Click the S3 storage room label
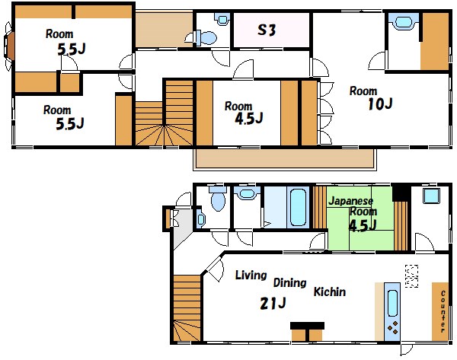point(267,30)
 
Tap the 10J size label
point(380,104)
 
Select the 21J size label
point(273,304)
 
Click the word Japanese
point(350,201)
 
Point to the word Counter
point(443,311)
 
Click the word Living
point(251,275)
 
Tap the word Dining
point(289,283)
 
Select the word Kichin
point(330,292)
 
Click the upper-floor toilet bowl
point(206,38)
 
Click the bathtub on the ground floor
point(298,207)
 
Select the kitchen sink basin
point(392,303)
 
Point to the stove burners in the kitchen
point(392,327)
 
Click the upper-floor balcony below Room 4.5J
point(284,159)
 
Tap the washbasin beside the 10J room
point(403,22)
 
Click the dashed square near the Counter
point(412,276)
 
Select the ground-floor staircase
point(187,308)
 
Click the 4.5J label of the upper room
point(249,119)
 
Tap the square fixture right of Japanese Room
point(431,196)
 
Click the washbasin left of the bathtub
point(247,193)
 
